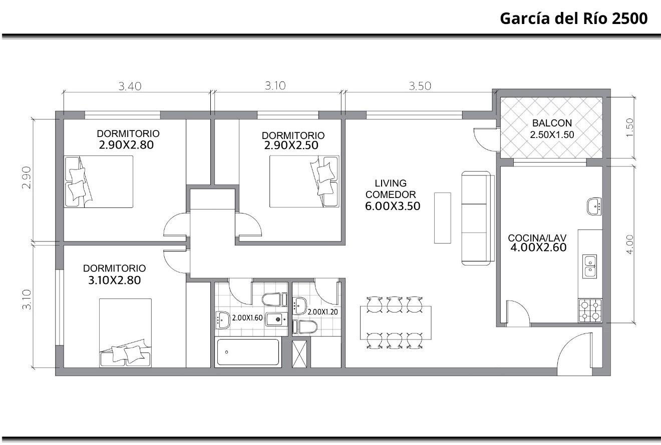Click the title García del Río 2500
pyautogui.click(x=574, y=18)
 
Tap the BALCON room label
pyautogui.click(x=552, y=123)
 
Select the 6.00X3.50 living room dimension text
pyautogui.click(x=393, y=206)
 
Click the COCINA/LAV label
pyautogui.click(x=537, y=238)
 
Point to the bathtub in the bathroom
pyautogui.click(x=248, y=352)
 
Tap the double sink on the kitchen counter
pyautogui.click(x=589, y=266)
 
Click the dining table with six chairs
pyautogui.click(x=396, y=322)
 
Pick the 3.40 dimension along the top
pyautogui.click(x=130, y=86)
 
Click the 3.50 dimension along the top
pyautogui.click(x=420, y=86)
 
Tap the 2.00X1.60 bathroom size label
pyautogui.click(x=247, y=317)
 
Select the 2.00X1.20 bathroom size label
pyautogui.click(x=323, y=312)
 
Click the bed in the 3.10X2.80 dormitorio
pyautogui.click(x=125, y=332)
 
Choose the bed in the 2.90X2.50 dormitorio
pyautogui.click(x=304, y=181)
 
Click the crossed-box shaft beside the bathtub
pyautogui.click(x=299, y=354)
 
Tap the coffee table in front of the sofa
pyautogui.click(x=442, y=218)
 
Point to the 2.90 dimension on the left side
pyautogui.click(x=27, y=177)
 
